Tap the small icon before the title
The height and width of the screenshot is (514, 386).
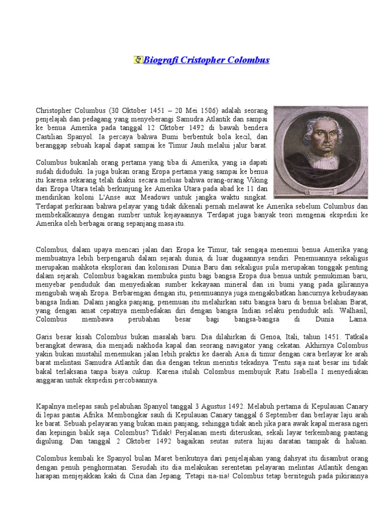[138, 60]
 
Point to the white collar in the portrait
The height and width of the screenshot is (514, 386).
[322, 173]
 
